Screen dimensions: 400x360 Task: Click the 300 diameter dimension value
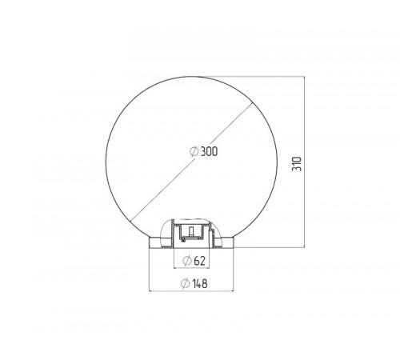pos(209,151)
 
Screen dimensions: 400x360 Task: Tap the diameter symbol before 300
pos(194,151)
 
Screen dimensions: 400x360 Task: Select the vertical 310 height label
pos(297,164)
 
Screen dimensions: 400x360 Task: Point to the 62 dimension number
pos(200,261)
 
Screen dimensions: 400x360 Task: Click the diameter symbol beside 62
pos(187,261)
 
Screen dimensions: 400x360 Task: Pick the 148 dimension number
pos(199,283)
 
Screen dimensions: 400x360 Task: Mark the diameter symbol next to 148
pos(185,283)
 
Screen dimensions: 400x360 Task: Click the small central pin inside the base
pos(191,231)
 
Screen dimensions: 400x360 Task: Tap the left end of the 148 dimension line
pos(149,290)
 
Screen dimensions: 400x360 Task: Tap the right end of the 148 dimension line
pos(234,290)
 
